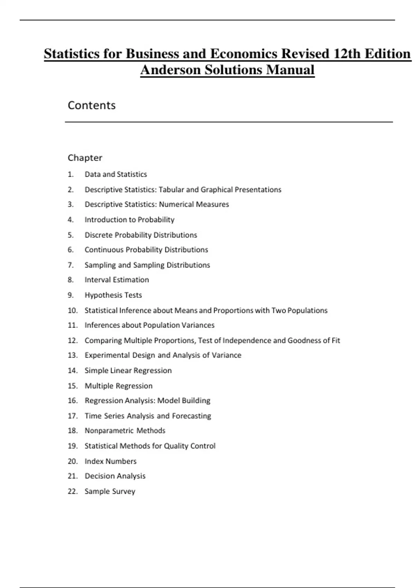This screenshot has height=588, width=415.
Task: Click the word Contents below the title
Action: click(x=92, y=105)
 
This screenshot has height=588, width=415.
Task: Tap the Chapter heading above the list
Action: click(x=85, y=158)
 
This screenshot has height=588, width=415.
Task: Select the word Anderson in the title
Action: click(x=170, y=70)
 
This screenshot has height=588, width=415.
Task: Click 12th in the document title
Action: click(x=347, y=54)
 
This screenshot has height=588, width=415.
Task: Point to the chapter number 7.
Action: click(x=71, y=265)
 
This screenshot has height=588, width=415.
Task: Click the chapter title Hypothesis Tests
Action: click(x=113, y=295)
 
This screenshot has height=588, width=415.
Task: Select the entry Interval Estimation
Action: click(x=117, y=280)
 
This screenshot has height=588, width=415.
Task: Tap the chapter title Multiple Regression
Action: click(x=118, y=386)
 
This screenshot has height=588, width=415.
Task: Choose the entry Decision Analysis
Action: click(x=115, y=476)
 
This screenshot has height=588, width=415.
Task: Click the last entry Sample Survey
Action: click(x=110, y=491)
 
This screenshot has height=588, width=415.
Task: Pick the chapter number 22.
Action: click(x=73, y=491)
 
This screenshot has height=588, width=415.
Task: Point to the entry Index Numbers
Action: click(x=110, y=461)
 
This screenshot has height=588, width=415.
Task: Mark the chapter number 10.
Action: click(x=73, y=310)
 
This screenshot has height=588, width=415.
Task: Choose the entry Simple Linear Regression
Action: click(x=128, y=370)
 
